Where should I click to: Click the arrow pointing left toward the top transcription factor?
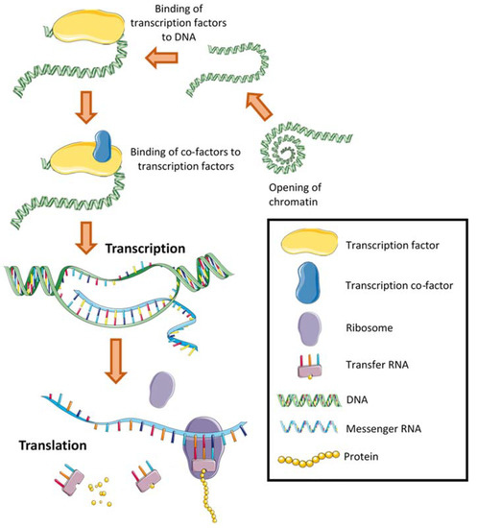click(x=168, y=60)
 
